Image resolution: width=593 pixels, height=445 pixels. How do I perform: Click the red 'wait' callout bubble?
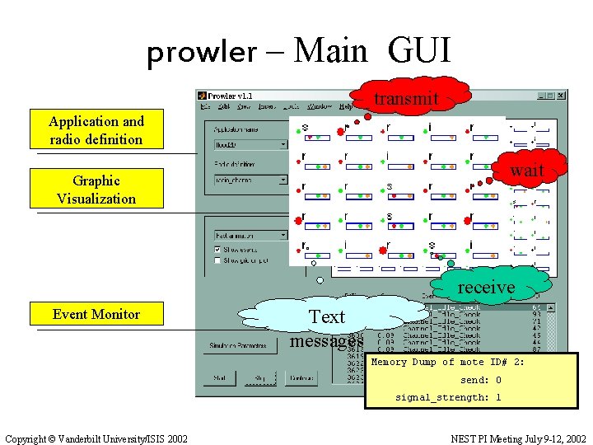[526, 172]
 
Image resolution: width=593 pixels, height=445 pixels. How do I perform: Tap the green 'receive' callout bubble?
[486, 287]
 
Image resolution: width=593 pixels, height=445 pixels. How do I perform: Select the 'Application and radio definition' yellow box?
[96, 130]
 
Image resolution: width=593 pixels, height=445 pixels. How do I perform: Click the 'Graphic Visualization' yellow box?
[96, 190]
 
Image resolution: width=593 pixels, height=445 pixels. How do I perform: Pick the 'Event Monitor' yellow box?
[96, 314]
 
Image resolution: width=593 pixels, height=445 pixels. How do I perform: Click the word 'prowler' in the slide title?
[202, 53]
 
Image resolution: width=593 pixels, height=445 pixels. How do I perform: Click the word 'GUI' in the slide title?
[419, 51]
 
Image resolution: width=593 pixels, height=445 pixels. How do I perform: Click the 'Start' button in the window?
[219, 378]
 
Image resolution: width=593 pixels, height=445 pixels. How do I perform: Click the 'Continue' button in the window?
[301, 378]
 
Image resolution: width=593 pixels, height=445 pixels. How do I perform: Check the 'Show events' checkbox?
[217, 249]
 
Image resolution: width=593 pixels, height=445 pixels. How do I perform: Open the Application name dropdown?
[283, 144]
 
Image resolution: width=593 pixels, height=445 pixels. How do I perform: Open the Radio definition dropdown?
[283, 179]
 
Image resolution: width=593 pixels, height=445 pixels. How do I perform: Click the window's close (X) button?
[560, 96]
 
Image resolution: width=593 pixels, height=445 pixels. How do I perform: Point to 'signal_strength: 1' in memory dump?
[449, 397]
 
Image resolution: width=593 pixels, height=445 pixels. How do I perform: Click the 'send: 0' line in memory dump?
[481, 380]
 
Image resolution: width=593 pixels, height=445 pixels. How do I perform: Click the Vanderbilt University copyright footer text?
[96, 438]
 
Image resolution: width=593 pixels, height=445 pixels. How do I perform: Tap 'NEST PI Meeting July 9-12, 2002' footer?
[519, 438]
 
